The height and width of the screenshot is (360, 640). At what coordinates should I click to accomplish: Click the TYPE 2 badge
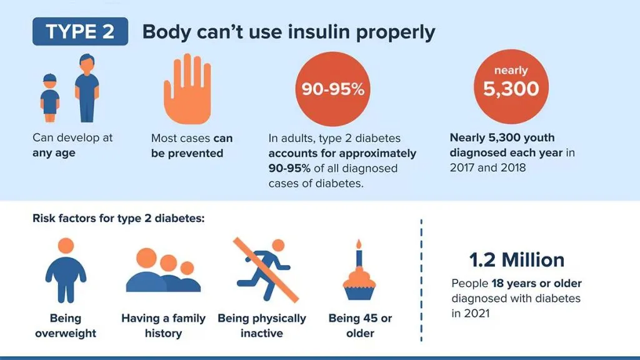80,32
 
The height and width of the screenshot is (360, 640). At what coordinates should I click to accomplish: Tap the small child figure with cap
50,98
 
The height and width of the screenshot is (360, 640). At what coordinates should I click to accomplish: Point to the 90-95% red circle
332,89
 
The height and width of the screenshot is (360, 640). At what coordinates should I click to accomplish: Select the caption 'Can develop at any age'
72,145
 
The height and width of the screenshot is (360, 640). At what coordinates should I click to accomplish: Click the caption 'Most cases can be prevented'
191,146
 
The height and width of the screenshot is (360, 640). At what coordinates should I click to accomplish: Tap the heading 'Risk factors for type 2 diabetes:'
119,219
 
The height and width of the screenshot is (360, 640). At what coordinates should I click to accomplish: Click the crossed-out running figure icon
265,269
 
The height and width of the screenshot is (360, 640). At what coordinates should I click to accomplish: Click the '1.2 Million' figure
516,260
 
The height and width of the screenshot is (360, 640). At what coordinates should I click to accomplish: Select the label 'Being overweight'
66,326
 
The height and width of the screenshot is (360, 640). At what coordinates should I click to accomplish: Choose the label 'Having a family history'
163,326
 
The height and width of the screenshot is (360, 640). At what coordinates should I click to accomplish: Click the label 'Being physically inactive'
262,326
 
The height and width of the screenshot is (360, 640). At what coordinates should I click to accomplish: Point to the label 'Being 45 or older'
360,326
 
